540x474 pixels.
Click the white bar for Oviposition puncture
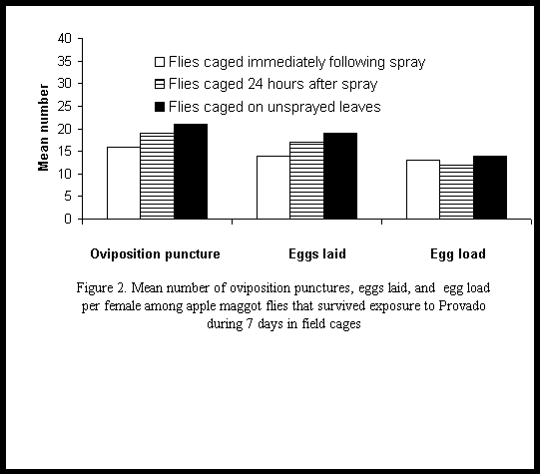pos(124,183)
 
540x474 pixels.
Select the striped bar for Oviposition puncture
pos(157,176)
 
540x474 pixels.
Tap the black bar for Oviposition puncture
pos(191,172)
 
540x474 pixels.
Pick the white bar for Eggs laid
pos(273,188)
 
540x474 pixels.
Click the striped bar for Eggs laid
pos(306,181)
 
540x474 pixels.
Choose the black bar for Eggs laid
pos(340,176)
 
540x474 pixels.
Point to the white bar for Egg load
pos(423,190)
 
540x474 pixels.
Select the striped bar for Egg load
pos(457,192)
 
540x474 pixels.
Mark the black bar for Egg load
pos(490,188)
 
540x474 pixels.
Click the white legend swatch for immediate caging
pos(160,62)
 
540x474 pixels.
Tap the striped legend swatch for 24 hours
pos(160,84)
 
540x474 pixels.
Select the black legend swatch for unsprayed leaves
pos(160,107)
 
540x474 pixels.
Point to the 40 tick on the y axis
pos(80,38)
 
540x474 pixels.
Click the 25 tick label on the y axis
pos(64,106)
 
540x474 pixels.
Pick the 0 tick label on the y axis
pos(68,219)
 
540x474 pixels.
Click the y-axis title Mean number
pos(43,128)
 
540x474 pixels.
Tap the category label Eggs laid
pos(317,254)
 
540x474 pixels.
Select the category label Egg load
pos(458,254)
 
